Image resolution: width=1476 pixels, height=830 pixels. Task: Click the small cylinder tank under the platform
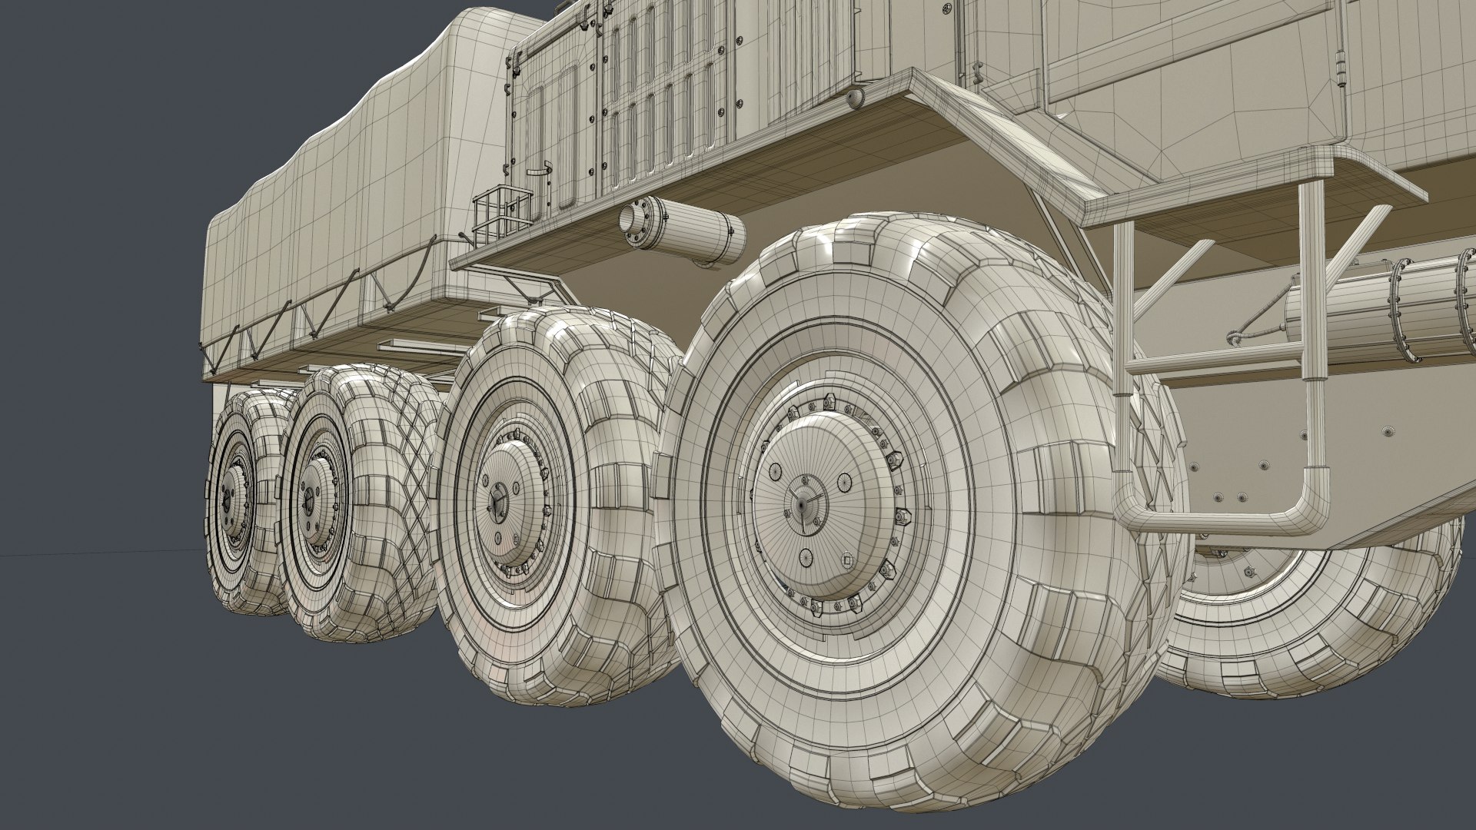[683, 231]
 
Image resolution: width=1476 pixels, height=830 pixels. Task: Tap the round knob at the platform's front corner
[855, 98]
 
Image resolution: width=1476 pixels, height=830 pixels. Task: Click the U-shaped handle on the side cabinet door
[543, 168]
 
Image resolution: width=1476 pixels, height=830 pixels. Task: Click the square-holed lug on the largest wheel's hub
[846, 559]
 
